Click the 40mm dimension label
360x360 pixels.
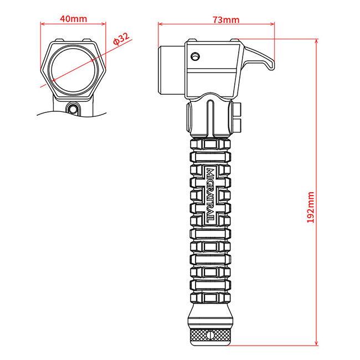(73, 19)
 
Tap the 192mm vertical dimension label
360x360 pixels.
(311, 206)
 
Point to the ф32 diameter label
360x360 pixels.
(120, 39)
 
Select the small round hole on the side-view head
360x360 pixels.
(194, 56)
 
